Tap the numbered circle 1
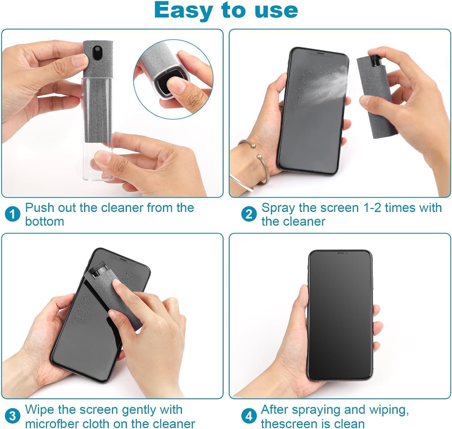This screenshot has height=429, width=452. (12, 214)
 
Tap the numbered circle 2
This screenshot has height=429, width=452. (249, 214)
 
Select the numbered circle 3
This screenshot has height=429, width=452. (12, 416)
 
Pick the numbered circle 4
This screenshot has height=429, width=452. (249, 416)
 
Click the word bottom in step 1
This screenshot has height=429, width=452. (45, 222)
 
